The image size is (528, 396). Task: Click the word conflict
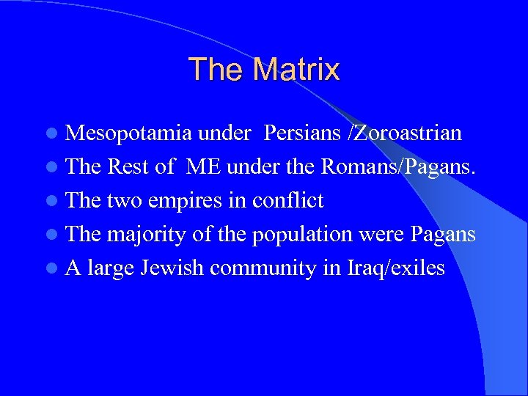(287, 200)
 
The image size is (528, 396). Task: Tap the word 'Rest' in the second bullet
(130, 167)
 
